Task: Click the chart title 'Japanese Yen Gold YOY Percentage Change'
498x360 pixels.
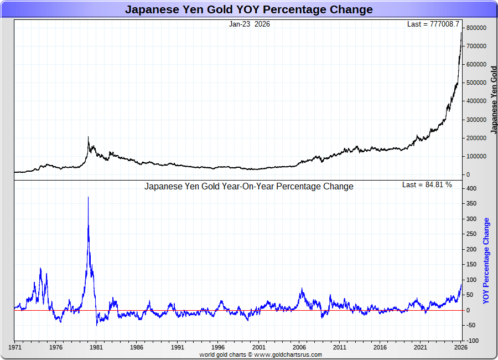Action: tap(248, 9)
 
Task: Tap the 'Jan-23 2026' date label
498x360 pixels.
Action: tap(250, 24)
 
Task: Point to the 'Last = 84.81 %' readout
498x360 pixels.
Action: tap(427, 185)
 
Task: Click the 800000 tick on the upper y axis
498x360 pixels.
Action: tap(476, 28)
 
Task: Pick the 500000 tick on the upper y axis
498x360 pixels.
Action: tap(476, 83)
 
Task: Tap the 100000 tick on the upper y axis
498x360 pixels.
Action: tap(476, 156)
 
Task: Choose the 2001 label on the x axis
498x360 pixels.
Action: tap(258, 348)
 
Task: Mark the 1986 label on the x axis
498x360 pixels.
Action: tap(137, 348)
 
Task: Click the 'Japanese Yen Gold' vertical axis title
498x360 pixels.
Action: tap(494, 100)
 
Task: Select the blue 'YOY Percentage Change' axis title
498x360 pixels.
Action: tap(486, 260)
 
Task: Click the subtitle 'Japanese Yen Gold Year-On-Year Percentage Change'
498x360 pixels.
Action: tap(249, 187)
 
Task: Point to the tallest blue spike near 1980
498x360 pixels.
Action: tap(88, 198)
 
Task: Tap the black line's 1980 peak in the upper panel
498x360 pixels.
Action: tap(88, 137)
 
